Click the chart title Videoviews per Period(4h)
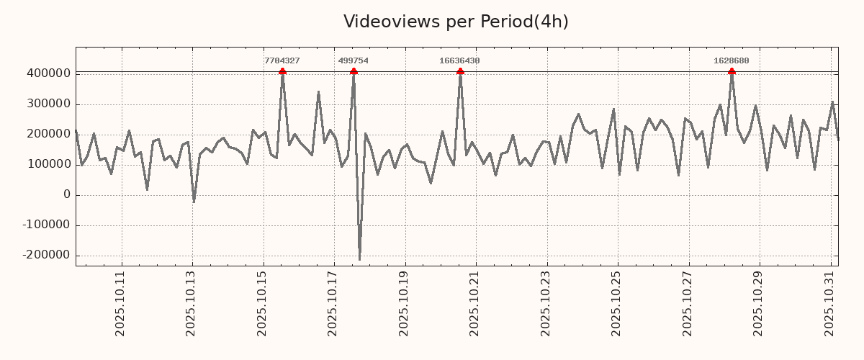pyautogui.click(x=456, y=22)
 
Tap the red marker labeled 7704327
pyautogui.click(x=282, y=71)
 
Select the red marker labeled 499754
pyautogui.click(x=354, y=71)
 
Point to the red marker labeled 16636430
pyautogui.click(x=460, y=71)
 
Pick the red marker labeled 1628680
pyautogui.click(x=732, y=71)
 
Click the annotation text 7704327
pyautogui.click(x=282, y=61)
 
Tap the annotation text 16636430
pyautogui.click(x=459, y=61)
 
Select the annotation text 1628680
pyautogui.click(x=732, y=61)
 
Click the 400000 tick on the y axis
pyautogui.click(x=48, y=73)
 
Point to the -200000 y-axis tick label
pyautogui.click(x=45, y=256)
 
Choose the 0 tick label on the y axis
pyautogui.click(x=67, y=195)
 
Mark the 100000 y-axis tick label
pyautogui.click(x=48, y=165)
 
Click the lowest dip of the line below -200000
pyautogui.click(x=359, y=259)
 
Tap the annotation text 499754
pyautogui.click(x=354, y=61)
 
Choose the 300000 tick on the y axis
pyautogui.click(x=48, y=104)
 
